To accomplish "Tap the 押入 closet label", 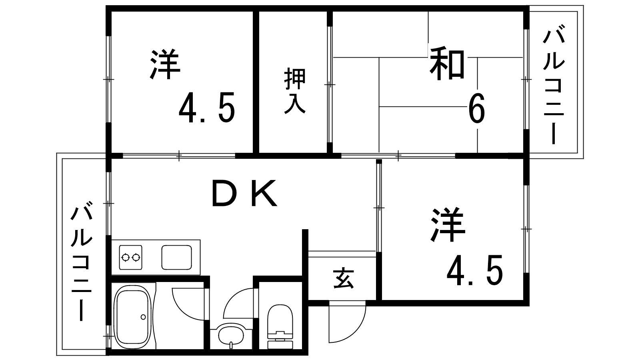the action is click(x=295, y=91).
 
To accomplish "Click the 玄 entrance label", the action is click(x=344, y=278).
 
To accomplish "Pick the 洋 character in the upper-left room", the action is click(x=165, y=64).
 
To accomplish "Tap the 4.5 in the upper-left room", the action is click(x=207, y=108).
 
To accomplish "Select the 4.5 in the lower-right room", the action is click(x=474, y=270).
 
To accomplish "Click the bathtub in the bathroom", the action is click(x=132, y=316).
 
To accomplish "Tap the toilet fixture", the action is click(x=280, y=326).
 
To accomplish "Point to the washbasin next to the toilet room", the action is click(x=231, y=335).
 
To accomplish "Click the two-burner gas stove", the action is click(x=130, y=258).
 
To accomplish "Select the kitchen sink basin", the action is click(x=176, y=258).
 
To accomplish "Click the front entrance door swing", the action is click(x=347, y=322).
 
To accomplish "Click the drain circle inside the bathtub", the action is click(x=143, y=317).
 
